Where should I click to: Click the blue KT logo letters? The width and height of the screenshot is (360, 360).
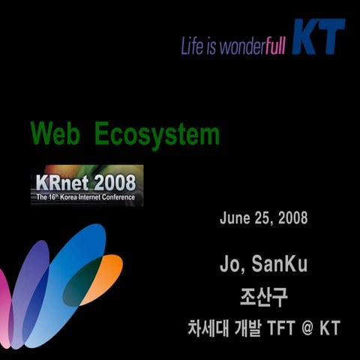click(318, 37)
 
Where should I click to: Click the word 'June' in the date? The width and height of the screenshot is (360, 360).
click(235, 218)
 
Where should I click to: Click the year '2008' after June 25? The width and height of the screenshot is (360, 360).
click(292, 218)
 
